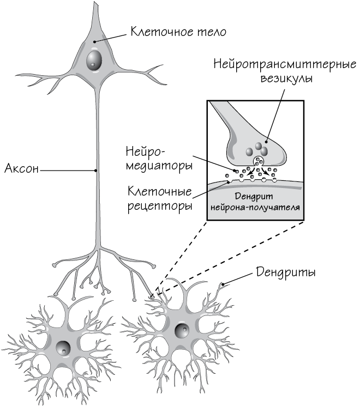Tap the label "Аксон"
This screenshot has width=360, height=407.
tap(21, 169)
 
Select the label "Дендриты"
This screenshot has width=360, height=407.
tap(287, 271)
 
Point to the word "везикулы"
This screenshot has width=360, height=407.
tap(285, 78)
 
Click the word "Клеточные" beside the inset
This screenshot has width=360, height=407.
tap(160, 192)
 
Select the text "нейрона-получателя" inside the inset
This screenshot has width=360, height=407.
tap(256, 208)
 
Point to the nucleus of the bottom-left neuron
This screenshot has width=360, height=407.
tap(64, 347)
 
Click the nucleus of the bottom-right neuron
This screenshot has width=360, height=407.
tap(182, 331)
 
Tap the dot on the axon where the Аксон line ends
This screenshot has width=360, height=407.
tap(96, 171)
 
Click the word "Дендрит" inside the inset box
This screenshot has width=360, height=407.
tap(255, 197)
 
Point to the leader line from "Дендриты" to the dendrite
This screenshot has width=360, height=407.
tap(239, 278)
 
